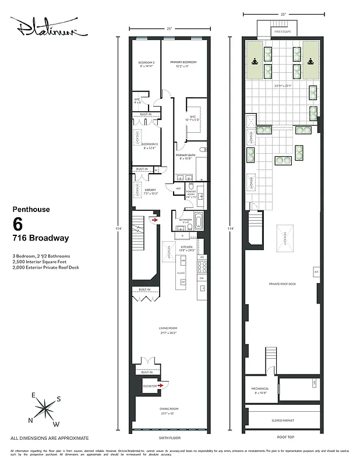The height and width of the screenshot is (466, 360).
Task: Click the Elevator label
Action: pyautogui.click(x=150, y=386)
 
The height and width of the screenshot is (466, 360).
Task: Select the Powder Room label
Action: pyautogui.click(x=190, y=193)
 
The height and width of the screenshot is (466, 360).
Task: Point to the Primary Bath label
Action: pyautogui.click(x=186, y=156)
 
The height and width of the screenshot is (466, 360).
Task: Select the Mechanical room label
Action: pyautogui.click(x=260, y=390)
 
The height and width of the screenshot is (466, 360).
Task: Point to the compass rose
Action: pyautogui.click(x=45, y=409)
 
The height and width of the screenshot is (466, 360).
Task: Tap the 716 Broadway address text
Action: pyautogui.click(x=41, y=238)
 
